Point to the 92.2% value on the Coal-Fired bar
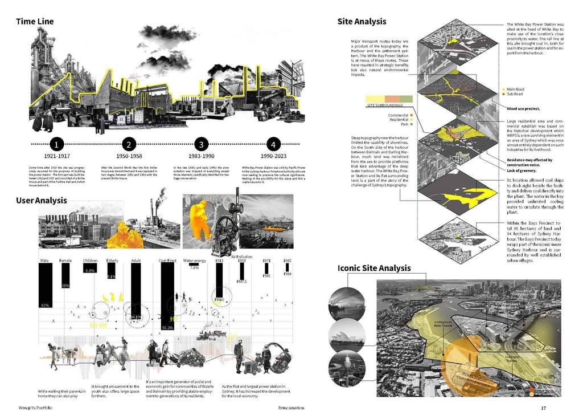coord(167,328)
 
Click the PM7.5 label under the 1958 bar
coord(241,282)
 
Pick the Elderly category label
coord(112,261)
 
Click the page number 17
coord(543,408)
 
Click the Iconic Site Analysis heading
coord(374,268)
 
